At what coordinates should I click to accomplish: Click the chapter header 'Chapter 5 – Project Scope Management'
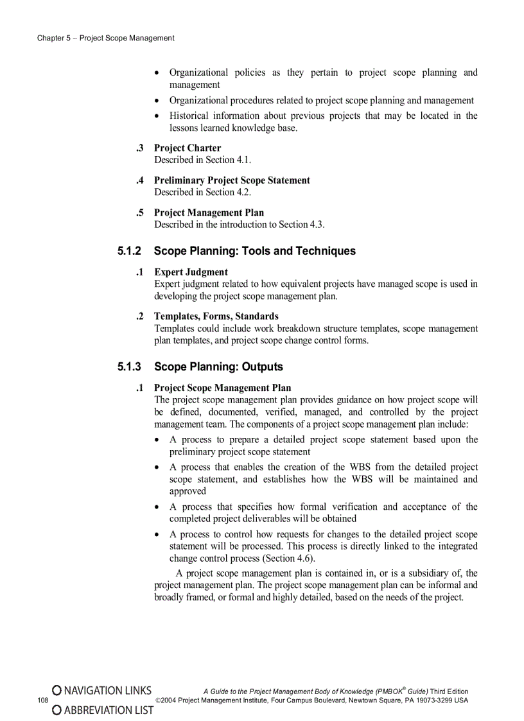pyautogui.click(x=105, y=38)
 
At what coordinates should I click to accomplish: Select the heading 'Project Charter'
pyautogui.click(x=187, y=148)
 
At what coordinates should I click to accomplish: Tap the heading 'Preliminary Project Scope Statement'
pyautogui.click(x=232, y=180)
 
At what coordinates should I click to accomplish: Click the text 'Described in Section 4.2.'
pyautogui.click(x=202, y=192)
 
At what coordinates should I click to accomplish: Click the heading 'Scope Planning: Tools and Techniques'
pyautogui.click(x=254, y=251)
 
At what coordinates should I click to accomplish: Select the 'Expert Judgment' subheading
pyautogui.click(x=191, y=272)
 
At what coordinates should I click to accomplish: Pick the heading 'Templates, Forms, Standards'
pyautogui.click(x=216, y=317)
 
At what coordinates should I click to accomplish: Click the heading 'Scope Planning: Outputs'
pyautogui.click(x=218, y=367)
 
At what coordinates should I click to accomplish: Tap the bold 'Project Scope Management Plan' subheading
pyautogui.click(x=222, y=388)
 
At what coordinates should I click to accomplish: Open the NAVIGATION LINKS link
pyautogui.click(x=108, y=690)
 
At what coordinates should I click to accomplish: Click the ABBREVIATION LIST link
pyautogui.click(x=109, y=710)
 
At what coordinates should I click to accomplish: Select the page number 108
pyautogui.click(x=43, y=700)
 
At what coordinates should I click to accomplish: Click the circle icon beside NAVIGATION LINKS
pyautogui.click(x=57, y=690)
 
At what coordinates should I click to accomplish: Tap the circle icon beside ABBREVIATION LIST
pyautogui.click(x=57, y=710)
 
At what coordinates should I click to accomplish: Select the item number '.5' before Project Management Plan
pyautogui.click(x=140, y=213)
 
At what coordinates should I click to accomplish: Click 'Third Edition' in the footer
pyautogui.click(x=449, y=691)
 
